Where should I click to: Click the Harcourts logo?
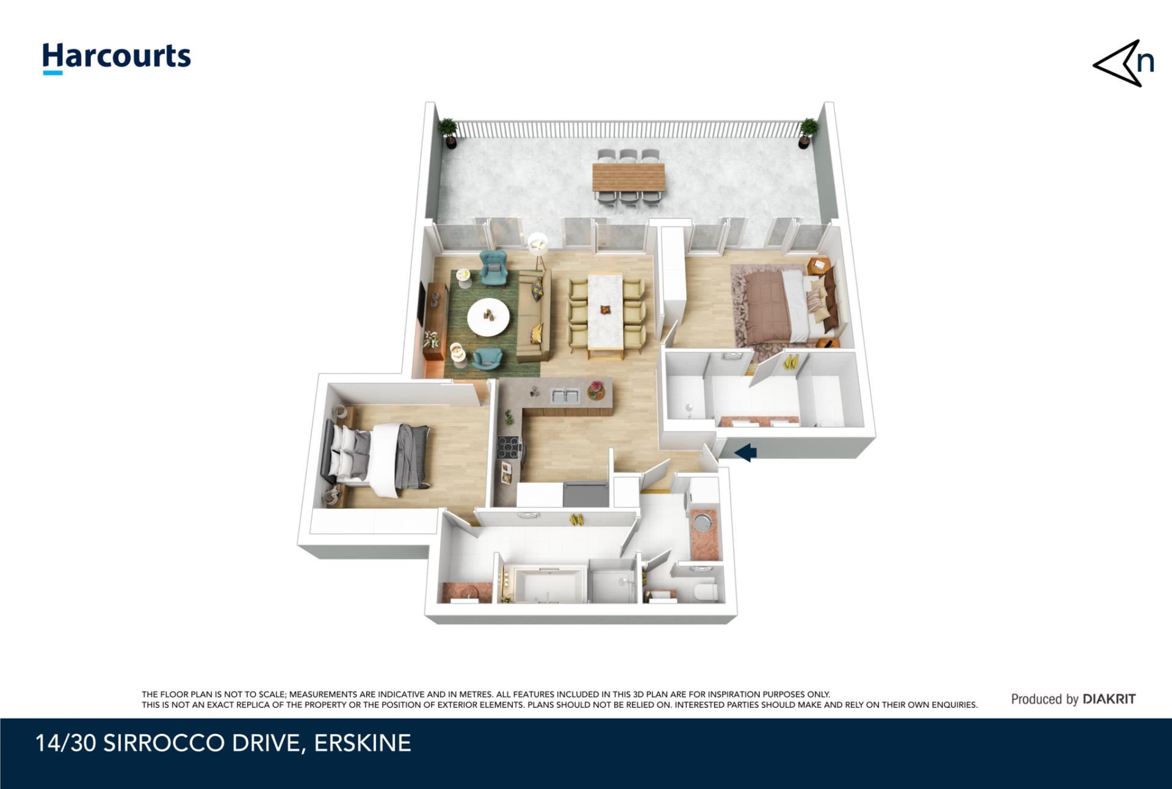(x=117, y=58)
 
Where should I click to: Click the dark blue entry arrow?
(x=745, y=453)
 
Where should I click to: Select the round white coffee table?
(x=488, y=316)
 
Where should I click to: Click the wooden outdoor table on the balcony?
(x=628, y=178)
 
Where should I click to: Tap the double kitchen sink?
(x=565, y=396)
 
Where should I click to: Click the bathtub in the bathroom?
(x=549, y=584)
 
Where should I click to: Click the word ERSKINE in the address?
(x=363, y=743)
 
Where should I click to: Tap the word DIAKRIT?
(x=1109, y=699)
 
